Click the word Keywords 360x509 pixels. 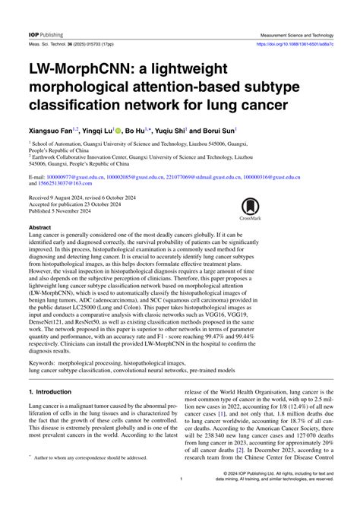click(x=46, y=364)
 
